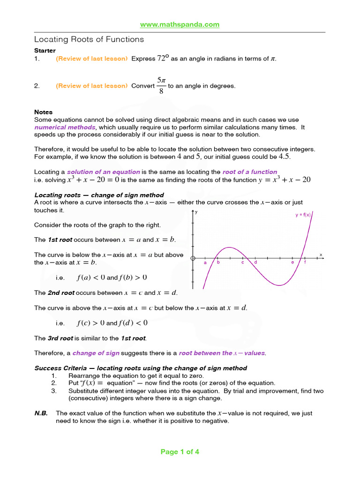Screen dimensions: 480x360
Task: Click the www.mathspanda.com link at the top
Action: (x=180, y=25)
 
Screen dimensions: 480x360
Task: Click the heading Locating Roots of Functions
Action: (x=89, y=39)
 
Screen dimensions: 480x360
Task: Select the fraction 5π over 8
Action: (x=161, y=86)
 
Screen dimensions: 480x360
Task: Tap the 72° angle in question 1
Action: (x=163, y=59)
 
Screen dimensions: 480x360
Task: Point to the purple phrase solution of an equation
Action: (x=104, y=172)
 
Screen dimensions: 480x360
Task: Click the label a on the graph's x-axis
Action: (x=205, y=263)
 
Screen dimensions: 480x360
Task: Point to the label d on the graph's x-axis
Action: (x=255, y=262)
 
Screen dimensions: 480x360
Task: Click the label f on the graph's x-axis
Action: (x=305, y=262)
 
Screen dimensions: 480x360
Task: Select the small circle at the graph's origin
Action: (x=193, y=258)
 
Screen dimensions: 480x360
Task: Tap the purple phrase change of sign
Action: (x=96, y=353)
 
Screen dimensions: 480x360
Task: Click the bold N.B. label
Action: (x=41, y=413)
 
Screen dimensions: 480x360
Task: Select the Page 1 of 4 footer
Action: (x=180, y=452)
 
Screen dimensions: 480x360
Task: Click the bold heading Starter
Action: (x=45, y=50)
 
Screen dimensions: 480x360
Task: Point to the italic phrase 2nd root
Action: (x=61, y=293)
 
